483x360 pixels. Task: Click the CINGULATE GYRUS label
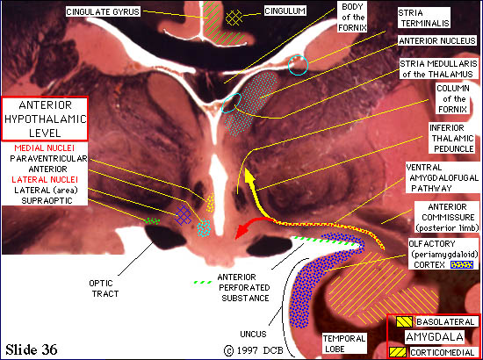click(x=104, y=12)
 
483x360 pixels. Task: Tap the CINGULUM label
click(x=285, y=11)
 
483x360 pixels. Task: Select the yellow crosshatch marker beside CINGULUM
click(x=234, y=18)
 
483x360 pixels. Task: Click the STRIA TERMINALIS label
click(x=424, y=18)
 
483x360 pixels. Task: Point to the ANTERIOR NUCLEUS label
click(x=437, y=41)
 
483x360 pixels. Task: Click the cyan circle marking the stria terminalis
click(x=299, y=65)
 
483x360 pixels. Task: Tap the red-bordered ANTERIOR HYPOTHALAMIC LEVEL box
click(x=45, y=119)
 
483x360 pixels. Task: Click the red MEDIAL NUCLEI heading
click(x=45, y=148)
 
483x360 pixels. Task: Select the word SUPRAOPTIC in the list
click(x=47, y=200)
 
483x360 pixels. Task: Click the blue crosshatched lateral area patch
click(x=183, y=214)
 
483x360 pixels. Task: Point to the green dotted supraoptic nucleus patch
click(x=153, y=220)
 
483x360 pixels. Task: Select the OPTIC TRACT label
click(x=100, y=288)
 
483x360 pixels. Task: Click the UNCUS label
click(x=253, y=334)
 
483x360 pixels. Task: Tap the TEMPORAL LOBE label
click(x=343, y=343)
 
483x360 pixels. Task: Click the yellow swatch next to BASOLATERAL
click(x=405, y=321)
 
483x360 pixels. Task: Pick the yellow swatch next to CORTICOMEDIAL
click(x=398, y=352)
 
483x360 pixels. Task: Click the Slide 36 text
click(x=32, y=349)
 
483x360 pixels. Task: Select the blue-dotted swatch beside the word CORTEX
click(x=462, y=264)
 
